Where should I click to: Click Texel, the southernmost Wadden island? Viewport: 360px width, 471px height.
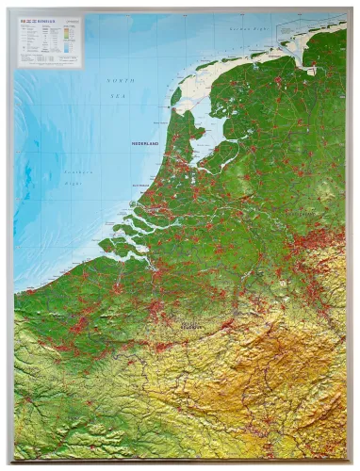(x=175, y=95)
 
